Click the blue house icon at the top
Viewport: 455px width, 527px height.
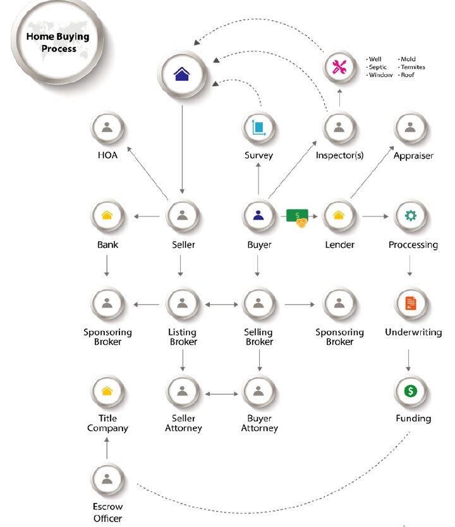coord(181,74)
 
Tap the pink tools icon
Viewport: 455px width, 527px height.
coord(339,66)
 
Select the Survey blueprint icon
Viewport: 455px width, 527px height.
coord(258,128)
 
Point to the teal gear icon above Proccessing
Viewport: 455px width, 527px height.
coord(410,215)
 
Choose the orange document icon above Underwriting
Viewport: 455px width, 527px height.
coord(410,303)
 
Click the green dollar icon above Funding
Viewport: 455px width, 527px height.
coord(410,391)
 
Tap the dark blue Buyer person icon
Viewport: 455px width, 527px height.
coord(258,215)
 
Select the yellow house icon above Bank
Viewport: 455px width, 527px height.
coord(107,215)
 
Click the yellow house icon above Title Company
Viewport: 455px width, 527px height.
coord(107,391)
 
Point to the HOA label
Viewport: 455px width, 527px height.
coord(107,155)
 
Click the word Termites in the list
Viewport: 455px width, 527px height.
coord(413,67)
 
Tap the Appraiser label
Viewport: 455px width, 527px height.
coord(413,156)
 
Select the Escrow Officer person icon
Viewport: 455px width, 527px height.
coord(107,478)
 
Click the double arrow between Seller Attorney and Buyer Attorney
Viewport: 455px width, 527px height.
coord(221,394)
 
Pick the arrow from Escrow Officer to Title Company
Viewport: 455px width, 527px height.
coord(107,448)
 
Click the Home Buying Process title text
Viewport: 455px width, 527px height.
coord(58,42)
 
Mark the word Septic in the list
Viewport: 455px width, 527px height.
coord(378,67)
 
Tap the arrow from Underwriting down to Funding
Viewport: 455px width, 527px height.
coord(408,361)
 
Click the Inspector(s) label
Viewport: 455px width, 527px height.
coord(339,156)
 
